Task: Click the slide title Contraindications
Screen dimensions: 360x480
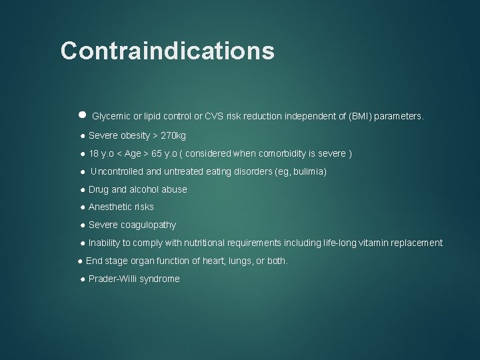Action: [167, 51]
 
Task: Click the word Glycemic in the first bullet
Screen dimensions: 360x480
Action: [109, 116]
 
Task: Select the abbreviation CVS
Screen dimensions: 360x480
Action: [215, 116]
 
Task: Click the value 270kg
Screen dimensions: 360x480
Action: [173, 136]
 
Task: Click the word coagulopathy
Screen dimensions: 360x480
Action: [148, 225]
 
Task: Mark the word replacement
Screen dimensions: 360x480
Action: [417, 243]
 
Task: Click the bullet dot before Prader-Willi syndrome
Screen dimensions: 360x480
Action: [82, 279]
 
